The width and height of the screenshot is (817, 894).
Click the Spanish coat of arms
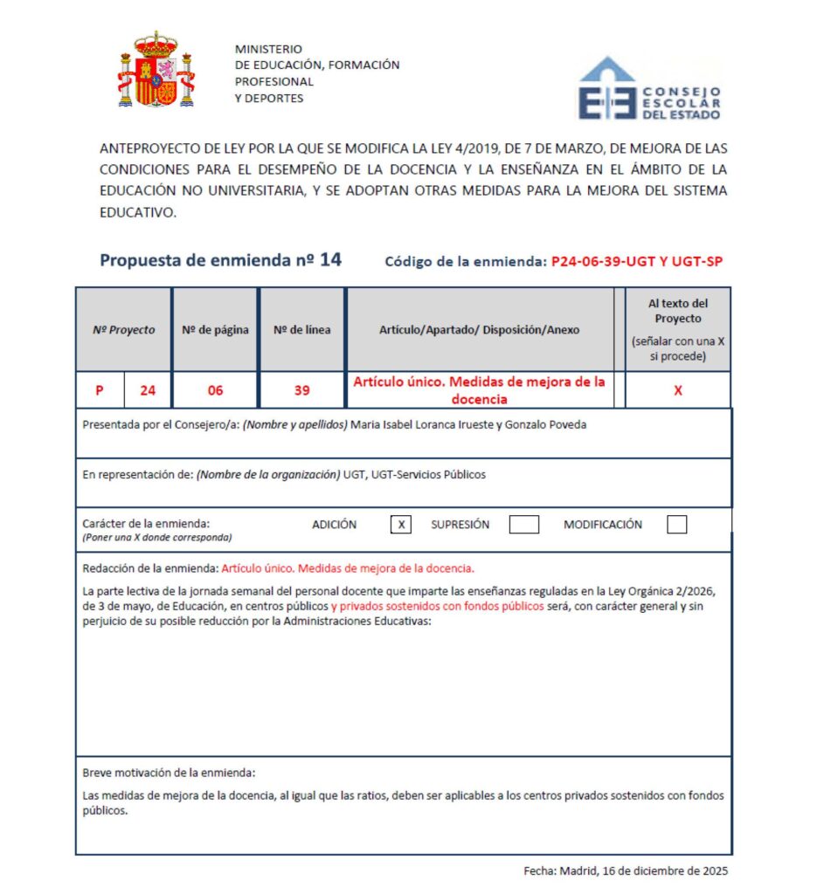(x=156, y=70)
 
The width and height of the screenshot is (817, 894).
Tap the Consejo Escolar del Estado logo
(x=649, y=89)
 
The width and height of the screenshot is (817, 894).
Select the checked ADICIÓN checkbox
(x=400, y=525)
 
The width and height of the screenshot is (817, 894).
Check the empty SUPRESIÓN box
(x=523, y=525)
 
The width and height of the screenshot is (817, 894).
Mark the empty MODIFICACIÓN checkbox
(x=676, y=525)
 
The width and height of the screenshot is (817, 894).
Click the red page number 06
(x=215, y=390)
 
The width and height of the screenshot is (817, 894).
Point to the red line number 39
(x=301, y=390)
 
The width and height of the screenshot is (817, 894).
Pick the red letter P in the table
(x=100, y=390)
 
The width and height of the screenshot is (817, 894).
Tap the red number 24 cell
(x=148, y=390)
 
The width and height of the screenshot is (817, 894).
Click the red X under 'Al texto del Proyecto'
(x=678, y=390)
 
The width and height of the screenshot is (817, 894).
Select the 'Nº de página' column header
(x=215, y=330)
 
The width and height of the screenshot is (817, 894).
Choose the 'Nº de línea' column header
(x=301, y=330)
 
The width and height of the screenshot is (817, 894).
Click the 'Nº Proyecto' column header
(x=124, y=330)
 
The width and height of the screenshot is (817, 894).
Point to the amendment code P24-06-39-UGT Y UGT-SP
(x=637, y=261)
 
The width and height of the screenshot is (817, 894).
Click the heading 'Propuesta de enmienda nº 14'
(x=220, y=259)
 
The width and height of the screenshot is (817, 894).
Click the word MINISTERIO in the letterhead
(x=268, y=49)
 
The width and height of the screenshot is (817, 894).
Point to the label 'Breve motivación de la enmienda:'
(x=169, y=773)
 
